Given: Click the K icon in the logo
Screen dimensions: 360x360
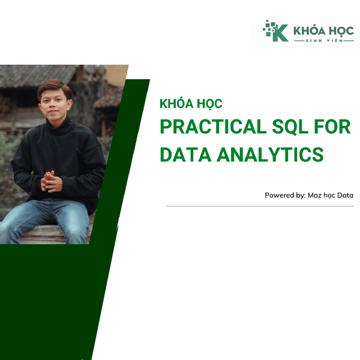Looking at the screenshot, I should click(277, 31).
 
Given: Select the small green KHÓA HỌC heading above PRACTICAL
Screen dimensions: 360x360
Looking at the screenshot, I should click(191, 104).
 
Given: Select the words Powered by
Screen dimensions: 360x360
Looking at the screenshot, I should click(284, 196).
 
